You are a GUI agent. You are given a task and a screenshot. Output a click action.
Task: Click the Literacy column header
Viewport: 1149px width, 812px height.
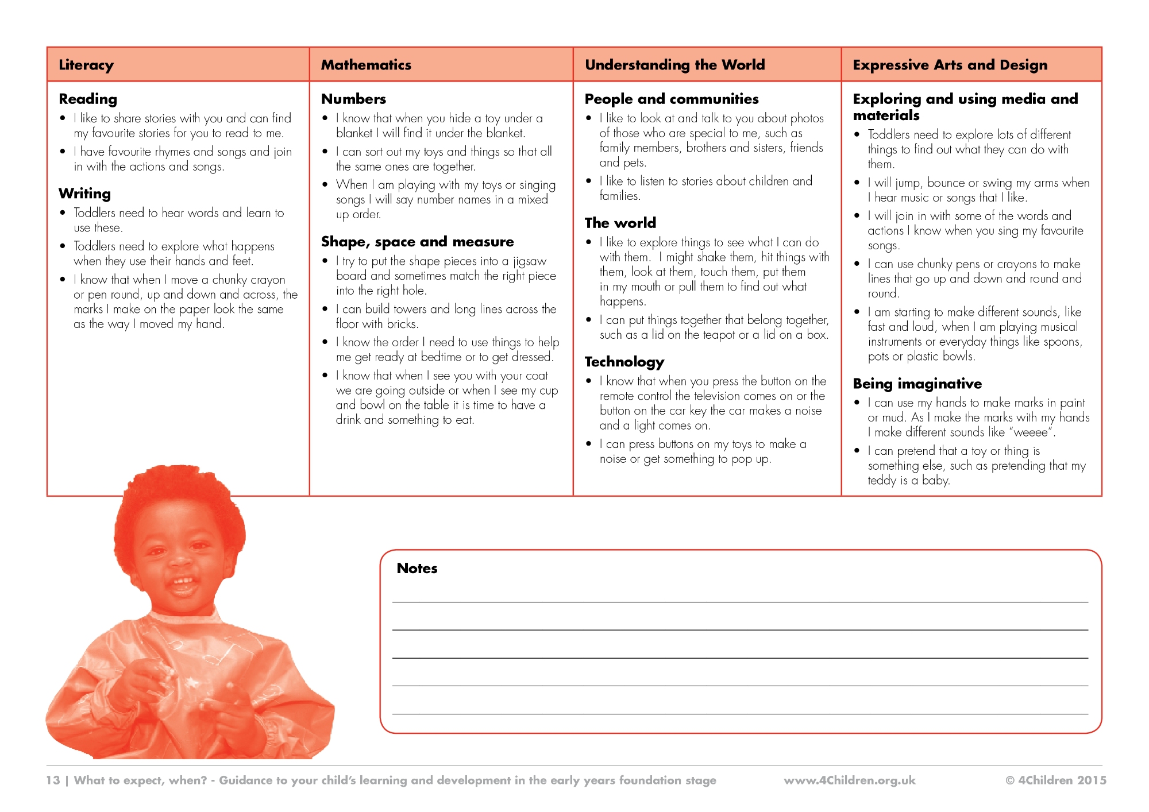click(86, 65)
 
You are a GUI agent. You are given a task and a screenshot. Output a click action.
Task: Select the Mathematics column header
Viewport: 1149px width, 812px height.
click(366, 65)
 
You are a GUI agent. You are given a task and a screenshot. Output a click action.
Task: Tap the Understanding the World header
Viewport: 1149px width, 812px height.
click(674, 65)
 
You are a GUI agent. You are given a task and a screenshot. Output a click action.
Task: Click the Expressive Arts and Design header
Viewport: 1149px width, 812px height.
click(950, 65)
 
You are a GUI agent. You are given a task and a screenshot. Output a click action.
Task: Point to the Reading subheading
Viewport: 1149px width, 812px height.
click(88, 99)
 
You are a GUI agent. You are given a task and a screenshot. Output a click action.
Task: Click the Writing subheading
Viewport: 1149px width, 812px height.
click(84, 194)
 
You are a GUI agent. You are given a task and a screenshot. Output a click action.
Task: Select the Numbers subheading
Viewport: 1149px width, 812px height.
click(353, 99)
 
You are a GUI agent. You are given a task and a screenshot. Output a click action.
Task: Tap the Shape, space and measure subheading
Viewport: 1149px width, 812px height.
click(417, 242)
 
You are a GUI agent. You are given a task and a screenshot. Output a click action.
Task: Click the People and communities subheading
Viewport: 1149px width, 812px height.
click(671, 99)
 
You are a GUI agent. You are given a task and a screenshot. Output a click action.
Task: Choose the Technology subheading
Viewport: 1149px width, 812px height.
click(624, 362)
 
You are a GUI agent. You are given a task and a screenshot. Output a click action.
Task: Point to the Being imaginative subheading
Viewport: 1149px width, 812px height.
click(917, 384)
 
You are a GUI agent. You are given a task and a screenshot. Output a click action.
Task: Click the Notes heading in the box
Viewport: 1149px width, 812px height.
click(417, 568)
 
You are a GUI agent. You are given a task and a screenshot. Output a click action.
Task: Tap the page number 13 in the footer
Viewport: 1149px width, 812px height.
click(53, 780)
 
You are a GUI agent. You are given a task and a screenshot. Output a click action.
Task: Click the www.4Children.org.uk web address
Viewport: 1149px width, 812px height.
click(849, 780)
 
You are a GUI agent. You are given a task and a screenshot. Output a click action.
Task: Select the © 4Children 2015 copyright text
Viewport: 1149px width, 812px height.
click(1055, 780)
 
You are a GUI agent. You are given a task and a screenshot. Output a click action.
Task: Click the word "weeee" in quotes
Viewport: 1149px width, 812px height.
click(1031, 432)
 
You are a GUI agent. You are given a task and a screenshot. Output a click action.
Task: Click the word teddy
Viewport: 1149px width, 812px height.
click(881, 481)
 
